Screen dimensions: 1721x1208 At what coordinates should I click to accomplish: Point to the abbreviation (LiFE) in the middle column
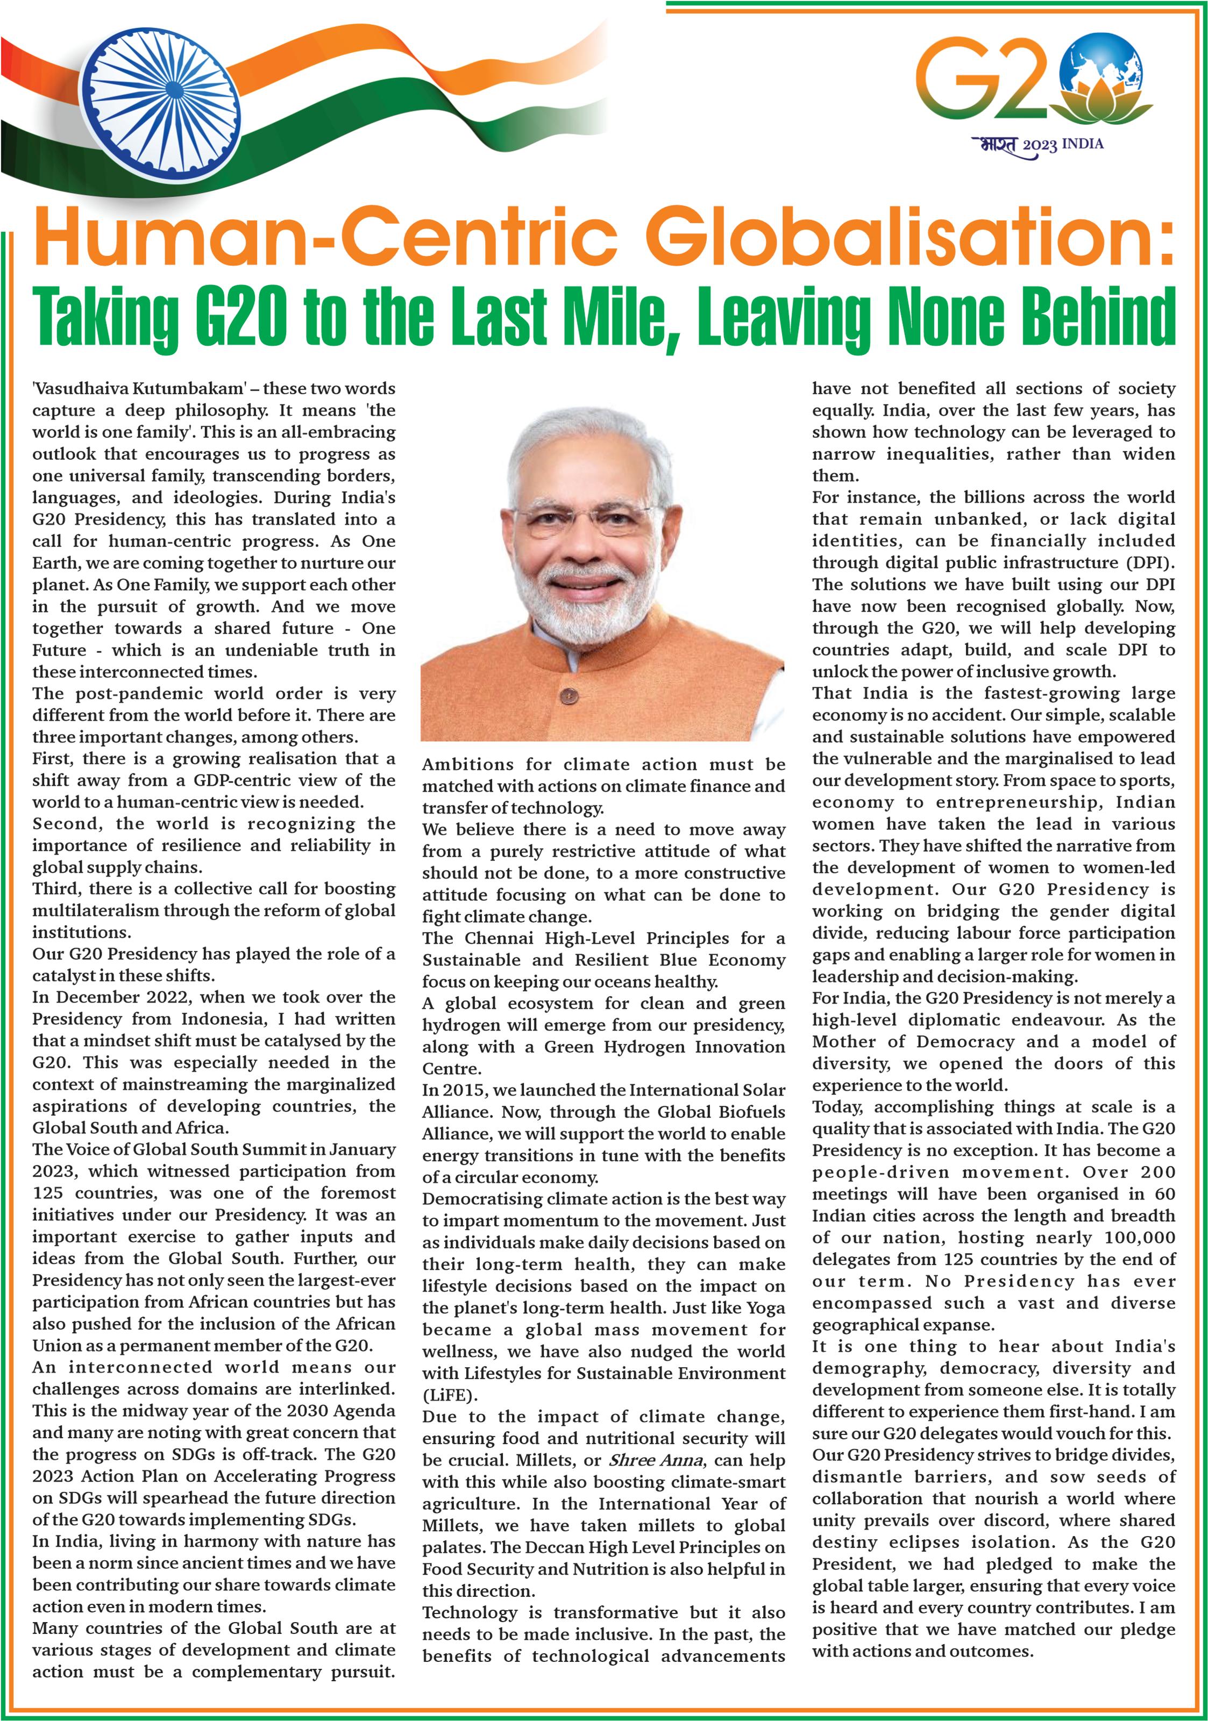point(449,1395)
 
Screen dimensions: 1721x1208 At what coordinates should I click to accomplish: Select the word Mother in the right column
point(844,1041)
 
